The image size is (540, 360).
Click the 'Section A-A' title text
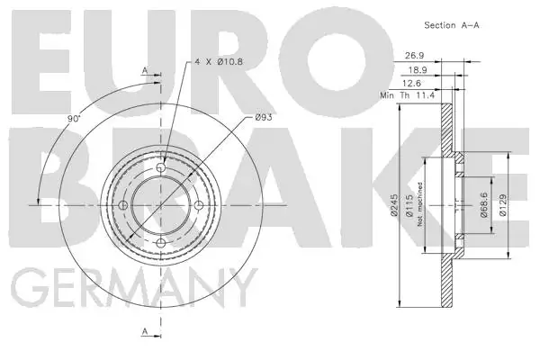click(452, 25)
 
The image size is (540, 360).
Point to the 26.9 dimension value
click(415, 55)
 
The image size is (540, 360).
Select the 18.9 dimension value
click(418, 70)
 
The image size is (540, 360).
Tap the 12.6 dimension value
click(411, 83)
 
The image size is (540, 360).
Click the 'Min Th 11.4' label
click(408, 95)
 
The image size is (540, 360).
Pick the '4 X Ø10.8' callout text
click(219, 62)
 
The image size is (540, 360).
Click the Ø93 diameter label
click(264, 117)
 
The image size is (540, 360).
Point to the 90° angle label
click(74, 119)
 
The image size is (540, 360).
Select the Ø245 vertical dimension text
click(394, 205)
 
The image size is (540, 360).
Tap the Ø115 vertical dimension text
click(409, 205)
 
